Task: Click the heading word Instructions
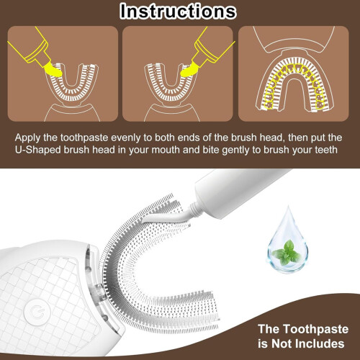(x=178, y=12)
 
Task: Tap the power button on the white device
(x=37, y=312)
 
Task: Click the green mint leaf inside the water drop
(x=287, y=253)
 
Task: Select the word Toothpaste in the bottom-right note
(x=315, y=329)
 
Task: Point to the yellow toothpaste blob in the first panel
(x=53, y=69)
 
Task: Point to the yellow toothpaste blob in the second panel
(x=189, y=71)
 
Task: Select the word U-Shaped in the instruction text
(x=37, y=150)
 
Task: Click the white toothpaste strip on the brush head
(x=166, y=217)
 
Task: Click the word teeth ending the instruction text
(x=326, y=150)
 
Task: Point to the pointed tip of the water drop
(x=288, y=206)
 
